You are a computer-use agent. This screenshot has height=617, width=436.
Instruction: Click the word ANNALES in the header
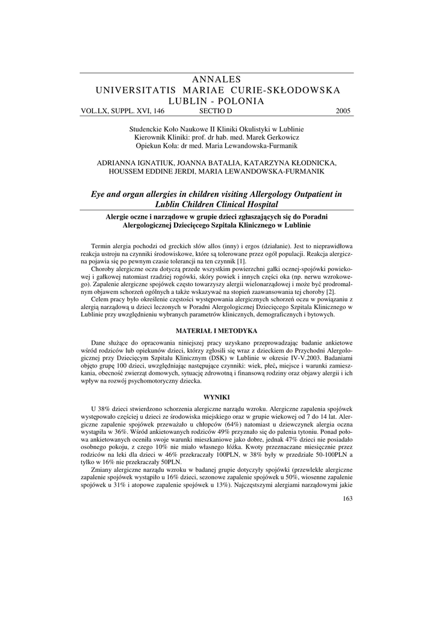[217, 80]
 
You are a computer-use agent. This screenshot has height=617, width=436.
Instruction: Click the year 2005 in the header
[342, 111]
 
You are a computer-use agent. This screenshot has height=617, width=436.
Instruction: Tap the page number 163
[346, 498]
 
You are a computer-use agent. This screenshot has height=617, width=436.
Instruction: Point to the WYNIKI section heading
[217, 398]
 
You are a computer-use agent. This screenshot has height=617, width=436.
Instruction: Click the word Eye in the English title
[99, 194]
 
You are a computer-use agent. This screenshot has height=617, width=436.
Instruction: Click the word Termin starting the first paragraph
[104, 247]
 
